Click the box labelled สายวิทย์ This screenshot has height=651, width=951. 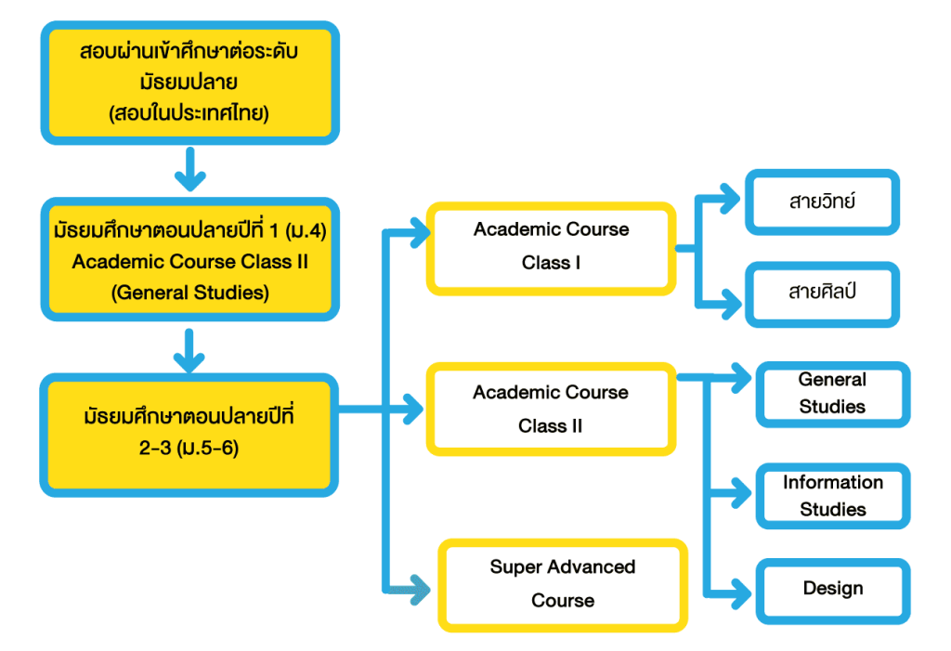pos(822,201)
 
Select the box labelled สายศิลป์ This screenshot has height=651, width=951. pos(822,293)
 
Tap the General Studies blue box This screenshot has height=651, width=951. pos(832,394)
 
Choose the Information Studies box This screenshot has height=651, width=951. pos(832,496)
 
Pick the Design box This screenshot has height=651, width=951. pos(832,589)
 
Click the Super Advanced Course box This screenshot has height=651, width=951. pos(563,584)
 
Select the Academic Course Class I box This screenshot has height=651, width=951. pos(551,247)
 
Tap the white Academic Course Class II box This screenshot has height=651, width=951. pos(551,410)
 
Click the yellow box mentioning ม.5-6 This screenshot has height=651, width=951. pos(189,432)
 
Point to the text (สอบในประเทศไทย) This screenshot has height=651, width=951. pos(189,114)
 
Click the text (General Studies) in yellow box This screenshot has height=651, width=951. pos(189,293)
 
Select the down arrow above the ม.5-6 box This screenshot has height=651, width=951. pos(189,351)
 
